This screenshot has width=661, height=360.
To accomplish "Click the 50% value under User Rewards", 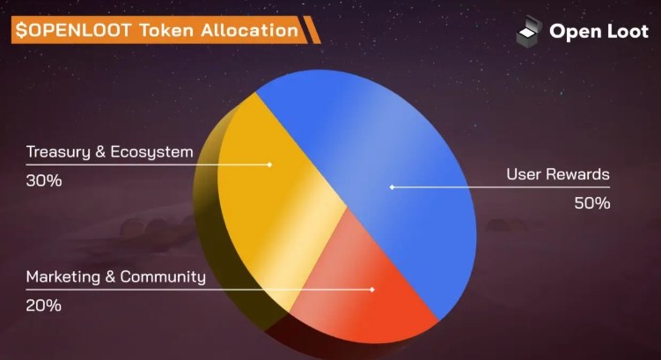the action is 592,203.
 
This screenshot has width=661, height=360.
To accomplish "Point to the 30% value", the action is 44,180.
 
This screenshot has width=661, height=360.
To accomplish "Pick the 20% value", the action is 43,305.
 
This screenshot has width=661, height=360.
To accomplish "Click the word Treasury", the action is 58,152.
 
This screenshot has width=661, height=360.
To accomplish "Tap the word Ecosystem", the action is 151,152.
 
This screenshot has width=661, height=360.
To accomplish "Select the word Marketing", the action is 63,277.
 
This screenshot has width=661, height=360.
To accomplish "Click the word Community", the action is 163,277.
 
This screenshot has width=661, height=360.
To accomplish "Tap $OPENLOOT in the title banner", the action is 74,30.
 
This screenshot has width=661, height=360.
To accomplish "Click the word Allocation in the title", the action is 250,30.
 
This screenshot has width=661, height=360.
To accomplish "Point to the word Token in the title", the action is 166,30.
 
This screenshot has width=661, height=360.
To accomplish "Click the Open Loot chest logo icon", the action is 529,30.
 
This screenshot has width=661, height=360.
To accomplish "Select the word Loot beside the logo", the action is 628,31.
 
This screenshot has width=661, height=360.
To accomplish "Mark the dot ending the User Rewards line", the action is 392,187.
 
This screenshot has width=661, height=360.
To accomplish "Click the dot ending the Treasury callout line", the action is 270,165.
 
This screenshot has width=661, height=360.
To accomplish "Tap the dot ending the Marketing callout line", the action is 372,290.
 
